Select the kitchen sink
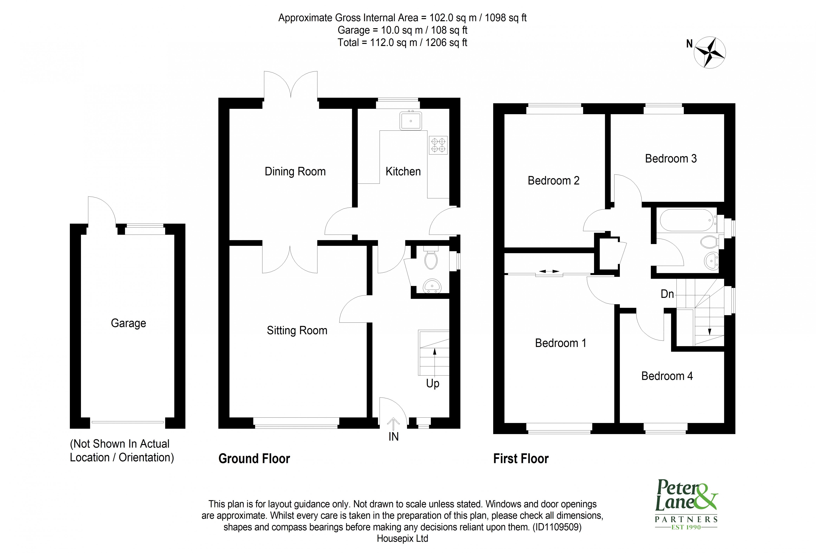(411, 121)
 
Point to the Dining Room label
(295, 172)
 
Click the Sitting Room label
(297, 331)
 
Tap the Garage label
(128, 323)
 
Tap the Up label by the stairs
(433, 384)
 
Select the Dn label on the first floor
(667, 294)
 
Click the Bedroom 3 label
(671, 159)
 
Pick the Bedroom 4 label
(667, 376)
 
